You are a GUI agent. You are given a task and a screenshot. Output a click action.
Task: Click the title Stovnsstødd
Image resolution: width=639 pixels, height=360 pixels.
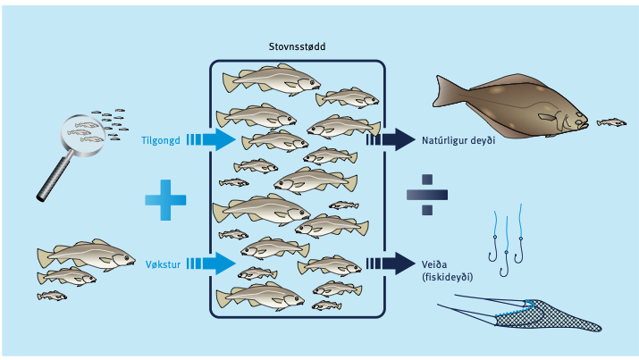[x=297, y=46]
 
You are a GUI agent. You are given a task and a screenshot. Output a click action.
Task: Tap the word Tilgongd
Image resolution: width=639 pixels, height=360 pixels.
[x=161, y=141]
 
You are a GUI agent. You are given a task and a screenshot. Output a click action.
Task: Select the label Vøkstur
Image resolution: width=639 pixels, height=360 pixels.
[x=163, y=264]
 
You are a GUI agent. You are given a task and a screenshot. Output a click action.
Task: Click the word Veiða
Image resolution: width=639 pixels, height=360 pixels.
[x=434, y=264]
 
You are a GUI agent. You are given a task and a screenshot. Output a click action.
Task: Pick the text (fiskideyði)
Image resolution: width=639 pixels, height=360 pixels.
[x=448, y=277]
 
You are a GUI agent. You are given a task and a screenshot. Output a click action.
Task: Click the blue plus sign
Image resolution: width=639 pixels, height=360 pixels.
[x=165, y=200]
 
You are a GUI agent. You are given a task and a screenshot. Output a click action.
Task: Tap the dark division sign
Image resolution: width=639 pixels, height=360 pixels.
[x=427, y=195]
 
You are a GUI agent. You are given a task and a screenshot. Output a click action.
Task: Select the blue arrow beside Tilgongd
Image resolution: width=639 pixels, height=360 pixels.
[x=211, y=139]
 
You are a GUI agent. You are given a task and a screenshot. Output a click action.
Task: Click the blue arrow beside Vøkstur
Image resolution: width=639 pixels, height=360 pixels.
[x=211, y=264]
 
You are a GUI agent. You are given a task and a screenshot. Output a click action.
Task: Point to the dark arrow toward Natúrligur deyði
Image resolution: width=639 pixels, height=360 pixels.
[x=391, y=139]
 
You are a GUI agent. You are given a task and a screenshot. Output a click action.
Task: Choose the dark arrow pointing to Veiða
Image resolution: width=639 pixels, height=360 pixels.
[x=391, y=264]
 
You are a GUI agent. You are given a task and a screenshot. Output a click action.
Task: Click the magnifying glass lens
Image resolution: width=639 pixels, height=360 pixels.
[x=82, y=134]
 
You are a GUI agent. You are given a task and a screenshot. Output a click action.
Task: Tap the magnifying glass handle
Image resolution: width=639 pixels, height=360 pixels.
[x=55, y=177]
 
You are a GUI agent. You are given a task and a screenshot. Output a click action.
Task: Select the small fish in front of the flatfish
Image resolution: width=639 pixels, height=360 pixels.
[x=611, y=122]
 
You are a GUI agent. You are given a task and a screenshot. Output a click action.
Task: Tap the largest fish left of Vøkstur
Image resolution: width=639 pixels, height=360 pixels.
[x=87, y=255]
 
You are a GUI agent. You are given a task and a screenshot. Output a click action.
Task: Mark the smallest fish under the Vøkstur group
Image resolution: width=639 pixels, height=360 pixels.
[x=52, y=296]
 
